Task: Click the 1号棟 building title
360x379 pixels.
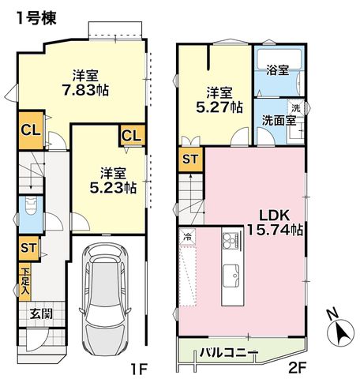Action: coord(36,18)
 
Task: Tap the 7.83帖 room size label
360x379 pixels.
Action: coord(85,90)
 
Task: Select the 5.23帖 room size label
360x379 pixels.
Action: coord(113,188)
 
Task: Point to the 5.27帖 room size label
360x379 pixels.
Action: coord(219,107)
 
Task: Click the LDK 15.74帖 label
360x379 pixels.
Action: coord(275,223)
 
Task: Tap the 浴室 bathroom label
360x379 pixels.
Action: coord(278,70)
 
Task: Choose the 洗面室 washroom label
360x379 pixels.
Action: coord(279,121)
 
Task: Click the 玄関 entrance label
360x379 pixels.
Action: coord(41,314)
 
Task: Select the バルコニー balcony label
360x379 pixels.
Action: coord(229,352)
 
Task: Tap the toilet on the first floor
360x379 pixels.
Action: coord(31,205)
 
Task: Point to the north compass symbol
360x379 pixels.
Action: coord(339,329)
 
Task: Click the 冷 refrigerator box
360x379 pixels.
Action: coord(188,237)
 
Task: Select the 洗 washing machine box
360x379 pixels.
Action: coord(296,108)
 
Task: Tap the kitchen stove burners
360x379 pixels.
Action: coord(231,241)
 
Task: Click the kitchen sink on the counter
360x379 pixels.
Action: coord(231,276)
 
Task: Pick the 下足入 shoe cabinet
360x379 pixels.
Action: coord(25,282)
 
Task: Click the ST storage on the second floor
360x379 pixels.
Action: coord(190,159)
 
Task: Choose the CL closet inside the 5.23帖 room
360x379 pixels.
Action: coord(133,136)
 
